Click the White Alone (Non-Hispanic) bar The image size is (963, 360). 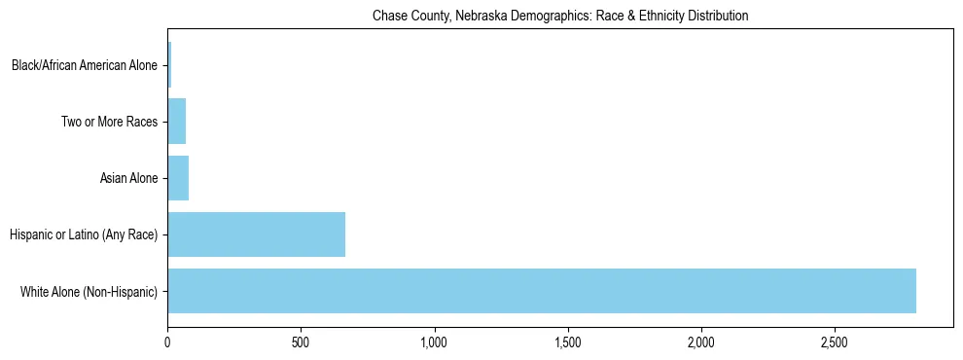point(542,291)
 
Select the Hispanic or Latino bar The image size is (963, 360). point(256,234)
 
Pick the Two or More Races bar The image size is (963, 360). point(177,122)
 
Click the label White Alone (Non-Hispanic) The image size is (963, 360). point(89,291)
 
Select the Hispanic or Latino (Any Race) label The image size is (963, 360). point(83,234)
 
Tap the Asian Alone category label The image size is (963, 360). point(128,178)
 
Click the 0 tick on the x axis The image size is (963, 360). point(167,342)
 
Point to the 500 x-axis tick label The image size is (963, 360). point(301,342)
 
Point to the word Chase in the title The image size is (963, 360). point(388,17)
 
